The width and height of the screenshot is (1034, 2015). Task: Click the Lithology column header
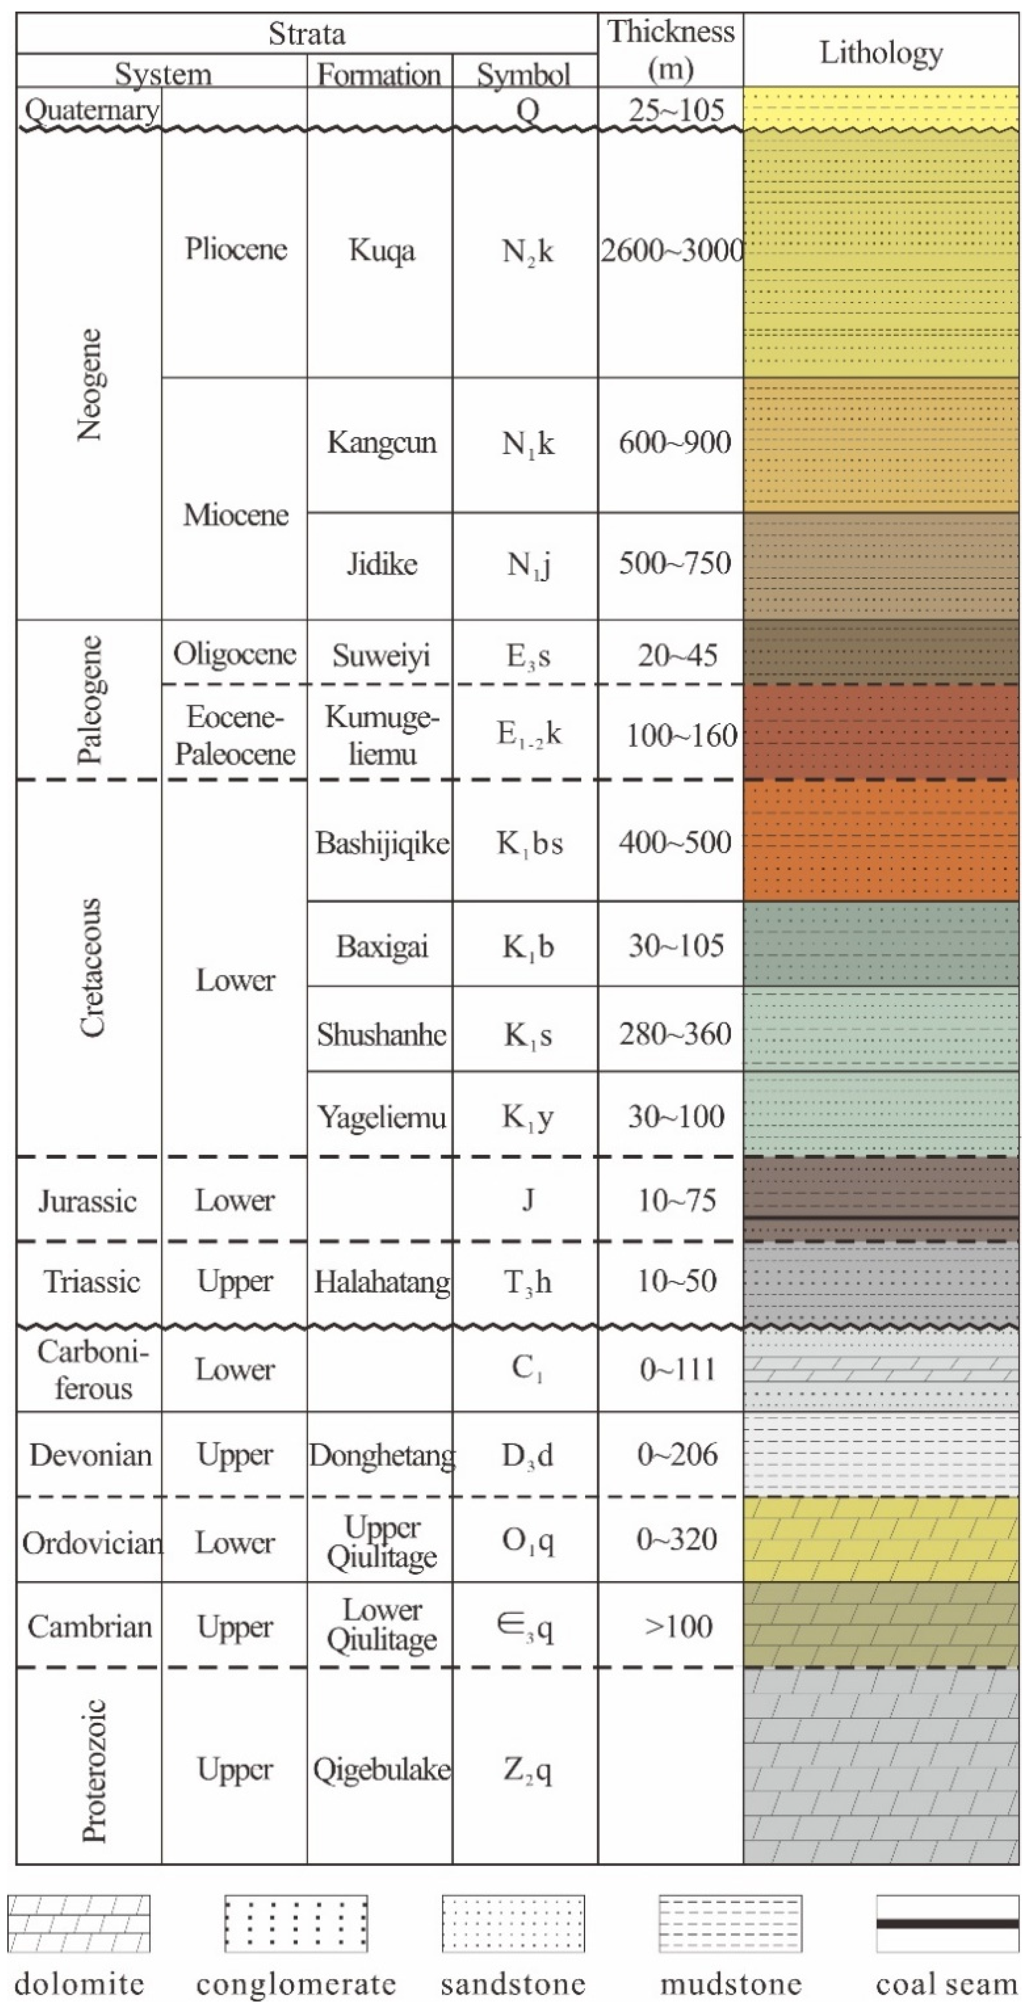pyautogui.click(x=881, y=53)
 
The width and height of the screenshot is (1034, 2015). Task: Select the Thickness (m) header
pyautogui.click(x=671, y=49)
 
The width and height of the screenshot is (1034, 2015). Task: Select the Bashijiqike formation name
pyautogui.click(x=382, y=843)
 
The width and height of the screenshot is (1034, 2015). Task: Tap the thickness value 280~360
pyautogui.click(x=674, y=1034)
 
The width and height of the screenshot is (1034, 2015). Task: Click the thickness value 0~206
pyautogui.click(x=676, y=1454)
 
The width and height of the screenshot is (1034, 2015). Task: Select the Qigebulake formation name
pyautogui.click(x=382, y=1769)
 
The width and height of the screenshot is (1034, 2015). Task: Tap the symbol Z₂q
pyautogui.click(x=528, y=1769)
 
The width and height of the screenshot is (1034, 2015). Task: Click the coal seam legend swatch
pyautogui.click(x=947, y=1923)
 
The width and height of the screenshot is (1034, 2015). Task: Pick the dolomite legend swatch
pyautogui.click(x=79, y=1923)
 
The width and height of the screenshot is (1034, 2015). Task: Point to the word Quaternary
pyautogui.click(x=92, y=109)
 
